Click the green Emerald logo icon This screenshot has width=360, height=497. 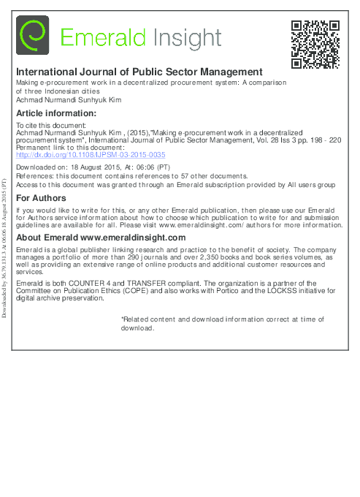click(x=32, y=36)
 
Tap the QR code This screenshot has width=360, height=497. click(x=315, y=45)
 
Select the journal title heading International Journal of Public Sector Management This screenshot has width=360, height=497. click(x=139, y=72)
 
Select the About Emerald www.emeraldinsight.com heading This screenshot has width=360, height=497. click(x=101, y=238)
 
